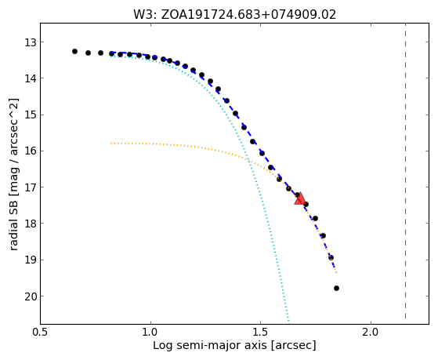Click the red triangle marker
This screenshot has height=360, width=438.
[x=300, y=198]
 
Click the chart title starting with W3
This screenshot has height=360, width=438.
[x=234, y=15]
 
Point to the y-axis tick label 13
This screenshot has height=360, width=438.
[x=31, y=43]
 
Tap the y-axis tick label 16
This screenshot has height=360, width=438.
[x=31, y=151]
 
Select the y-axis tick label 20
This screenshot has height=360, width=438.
[x=31, y=296]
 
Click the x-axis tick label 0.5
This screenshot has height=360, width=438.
[x=41, y=333]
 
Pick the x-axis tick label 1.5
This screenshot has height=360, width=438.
[x=260, y=333]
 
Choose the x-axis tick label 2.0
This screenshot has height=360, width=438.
[x=371, y=333]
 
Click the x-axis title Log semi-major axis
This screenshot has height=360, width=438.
[x=210, y=346]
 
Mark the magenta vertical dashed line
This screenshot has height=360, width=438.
[x=405, y=171]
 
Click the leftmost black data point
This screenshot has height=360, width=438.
[x=74, y=52]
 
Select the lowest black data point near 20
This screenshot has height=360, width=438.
[x=336, y=289]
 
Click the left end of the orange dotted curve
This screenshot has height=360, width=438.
[x=111, y=144]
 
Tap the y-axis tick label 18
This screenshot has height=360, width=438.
[x=31, y=224]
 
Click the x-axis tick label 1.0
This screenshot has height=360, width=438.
[x=150, y=333]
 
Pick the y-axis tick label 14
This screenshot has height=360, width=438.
[x=31, y=78]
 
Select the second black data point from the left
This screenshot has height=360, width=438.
[x=88, y=53]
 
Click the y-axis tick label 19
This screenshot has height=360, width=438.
[x=31, y=260]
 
